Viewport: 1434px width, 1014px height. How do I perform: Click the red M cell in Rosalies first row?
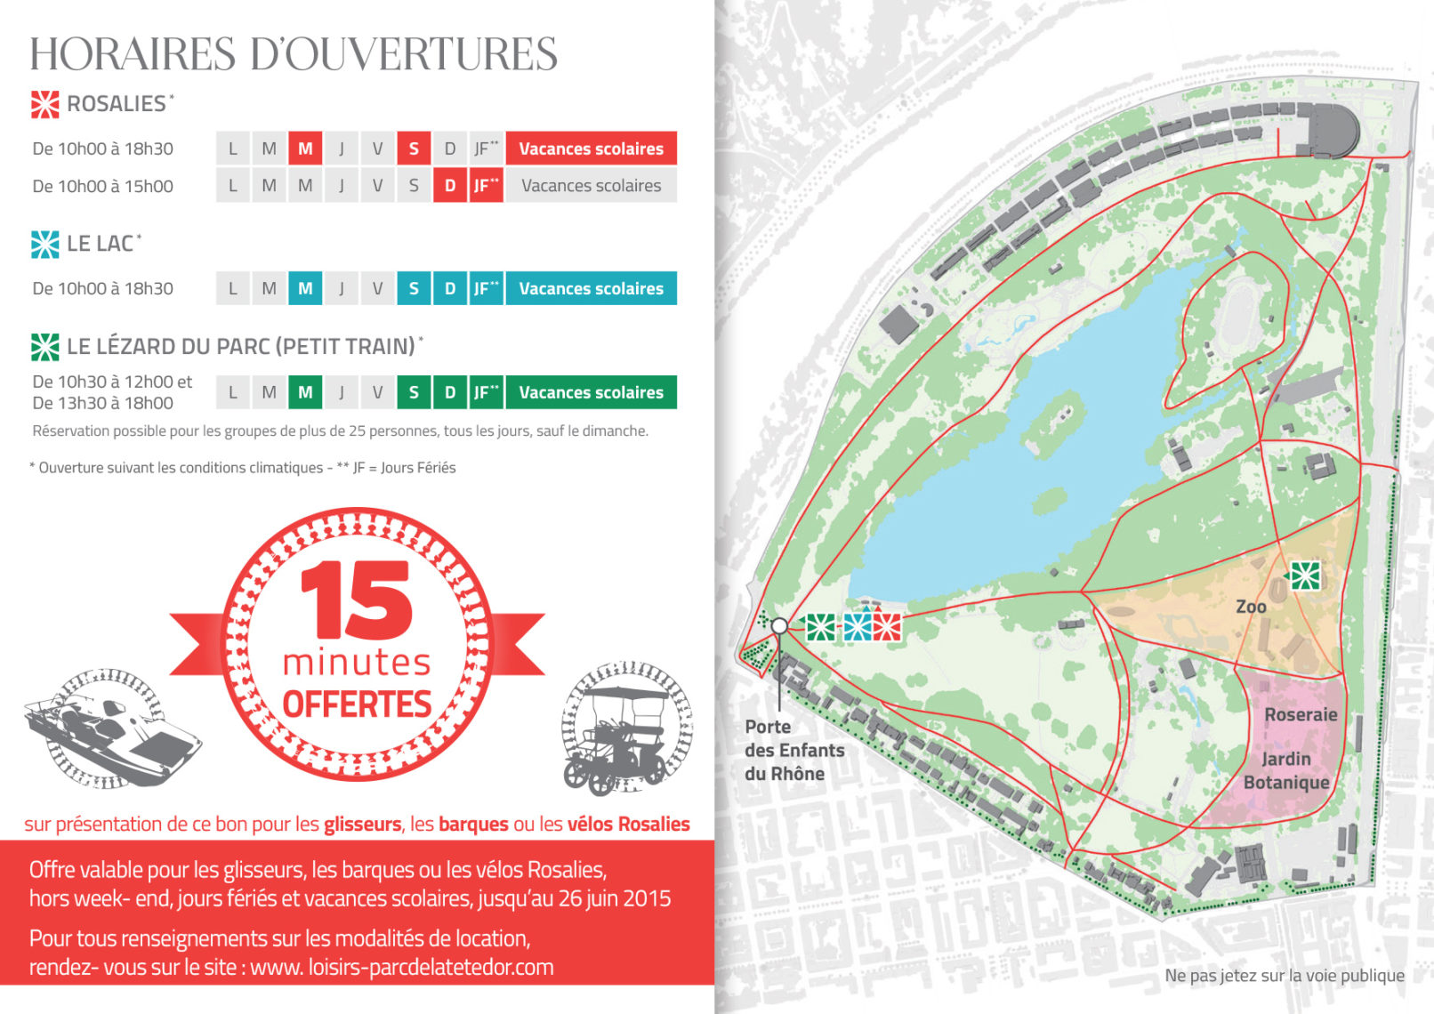tap(305, 149)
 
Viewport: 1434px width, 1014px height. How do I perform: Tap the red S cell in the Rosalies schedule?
tap(414, 149)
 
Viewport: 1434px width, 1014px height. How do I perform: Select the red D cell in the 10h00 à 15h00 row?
tap(450, 186)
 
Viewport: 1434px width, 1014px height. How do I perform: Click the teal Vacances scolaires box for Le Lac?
tap(591, 288)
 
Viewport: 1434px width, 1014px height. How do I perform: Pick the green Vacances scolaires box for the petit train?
tap(591, 392)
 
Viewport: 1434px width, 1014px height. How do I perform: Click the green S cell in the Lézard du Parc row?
tap(414, 392)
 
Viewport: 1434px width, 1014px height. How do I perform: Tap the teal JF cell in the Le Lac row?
tap(486, 288)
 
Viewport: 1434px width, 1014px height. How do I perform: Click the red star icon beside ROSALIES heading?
tap(45, 104)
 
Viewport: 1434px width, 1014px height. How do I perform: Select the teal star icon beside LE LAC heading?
tap(45, 244)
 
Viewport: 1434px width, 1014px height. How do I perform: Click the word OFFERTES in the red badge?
tap(357, 704)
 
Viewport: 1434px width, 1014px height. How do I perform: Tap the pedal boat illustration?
tap(111, 729)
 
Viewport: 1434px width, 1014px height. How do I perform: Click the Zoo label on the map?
tap(1251, 607)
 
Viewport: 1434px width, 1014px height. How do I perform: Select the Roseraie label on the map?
tap(1301, 714)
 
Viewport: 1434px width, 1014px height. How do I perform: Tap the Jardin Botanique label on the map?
tap(1286, 770)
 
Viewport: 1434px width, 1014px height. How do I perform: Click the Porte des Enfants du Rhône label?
tap(794, 750)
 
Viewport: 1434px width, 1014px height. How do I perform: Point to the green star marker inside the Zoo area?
tap(1305, 575)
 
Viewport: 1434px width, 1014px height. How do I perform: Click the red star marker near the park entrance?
tap(887, 627)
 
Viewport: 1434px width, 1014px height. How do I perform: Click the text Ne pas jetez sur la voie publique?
tap(1284, 976)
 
